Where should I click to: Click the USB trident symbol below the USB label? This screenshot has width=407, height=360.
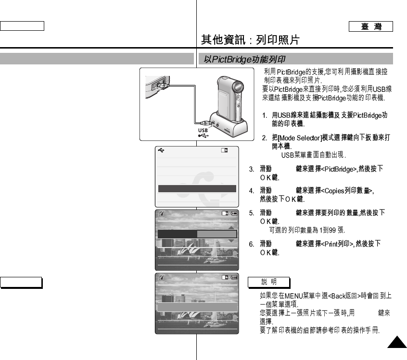204,136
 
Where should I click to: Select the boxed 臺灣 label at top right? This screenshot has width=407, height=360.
371,26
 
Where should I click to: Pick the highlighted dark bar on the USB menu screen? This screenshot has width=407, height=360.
197,188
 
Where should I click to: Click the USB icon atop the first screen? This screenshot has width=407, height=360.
161,150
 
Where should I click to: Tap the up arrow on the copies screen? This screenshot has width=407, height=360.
232,228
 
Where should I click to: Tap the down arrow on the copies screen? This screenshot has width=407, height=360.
232,240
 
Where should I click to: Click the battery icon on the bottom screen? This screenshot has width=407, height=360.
235,278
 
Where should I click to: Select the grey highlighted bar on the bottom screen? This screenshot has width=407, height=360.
197,307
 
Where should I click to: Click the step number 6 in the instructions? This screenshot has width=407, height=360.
251,244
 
